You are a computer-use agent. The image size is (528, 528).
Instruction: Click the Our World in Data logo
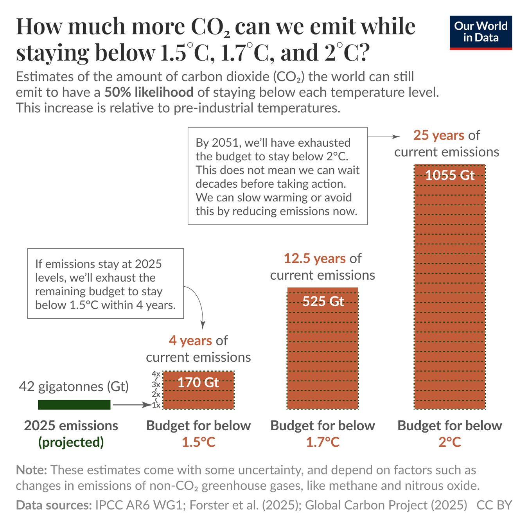click(480, 32)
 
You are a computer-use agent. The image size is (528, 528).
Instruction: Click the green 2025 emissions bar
click(74, 405)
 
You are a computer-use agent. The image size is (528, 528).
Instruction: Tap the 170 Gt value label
click(198, 382)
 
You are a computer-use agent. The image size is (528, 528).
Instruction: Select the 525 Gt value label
click(323, 301)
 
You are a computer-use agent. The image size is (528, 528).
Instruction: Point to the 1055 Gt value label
click(449, 175)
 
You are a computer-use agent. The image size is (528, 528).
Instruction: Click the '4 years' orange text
click(190, 341)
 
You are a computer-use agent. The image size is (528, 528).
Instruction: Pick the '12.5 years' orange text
click(314, 259)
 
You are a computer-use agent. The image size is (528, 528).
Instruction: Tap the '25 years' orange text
click(438, 135)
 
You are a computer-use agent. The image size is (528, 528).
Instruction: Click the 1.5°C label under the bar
click(198, 442)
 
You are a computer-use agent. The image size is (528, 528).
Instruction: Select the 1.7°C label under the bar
click(323, 442)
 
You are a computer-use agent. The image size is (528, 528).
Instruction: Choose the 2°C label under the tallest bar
click(449, 442)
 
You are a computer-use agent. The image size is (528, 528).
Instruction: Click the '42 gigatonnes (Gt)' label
click(74, 386)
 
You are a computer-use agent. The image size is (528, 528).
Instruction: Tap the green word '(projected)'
click(71, 442)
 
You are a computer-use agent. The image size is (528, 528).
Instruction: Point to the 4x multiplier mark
click(156, 374)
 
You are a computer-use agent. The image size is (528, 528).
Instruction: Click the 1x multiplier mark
click(156, 406)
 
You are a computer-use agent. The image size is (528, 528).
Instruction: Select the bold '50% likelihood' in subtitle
click(149, 92)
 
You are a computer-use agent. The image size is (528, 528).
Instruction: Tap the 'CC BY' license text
click(494, 505)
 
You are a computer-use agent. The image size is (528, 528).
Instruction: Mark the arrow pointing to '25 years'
click(383, 137)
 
